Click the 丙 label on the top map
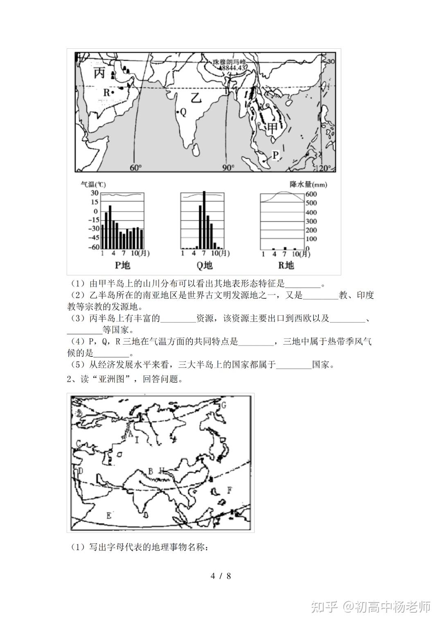pyautogui.click(x=100, y=73)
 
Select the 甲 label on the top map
pyautogui.click(x=273, y=128)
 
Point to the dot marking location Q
pyautogui.click(x=177, y=112)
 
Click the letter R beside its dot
pyautogui.click(x=106, y=93)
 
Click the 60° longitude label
pyautogui.click(x=135, y=168)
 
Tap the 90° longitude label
pyautogui.click(x=228, y=168)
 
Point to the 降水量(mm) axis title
pyautogui.click(x=308, y=184)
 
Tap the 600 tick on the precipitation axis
pyautogui.click(x=311, y=194)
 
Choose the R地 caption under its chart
pyautogui.click(x=286, y=265)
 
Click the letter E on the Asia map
pyautogui.click(x=108, y=515)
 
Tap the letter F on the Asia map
pyautogui.click(x=230, y=490)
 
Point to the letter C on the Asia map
pyautogui.click(x=78, y=443)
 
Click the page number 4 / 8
pyautogui.click(x=221, y=576)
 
